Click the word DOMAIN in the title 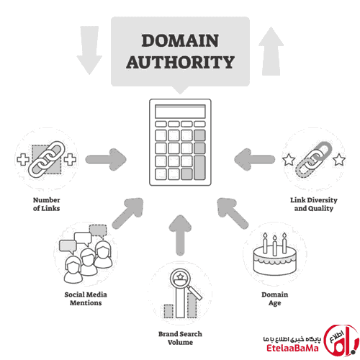tap(180, 40)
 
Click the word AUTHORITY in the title tap(180, 62)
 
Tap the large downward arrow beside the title tap(89, 50)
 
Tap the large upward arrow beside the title tap(271, 51)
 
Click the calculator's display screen tap(180, 112)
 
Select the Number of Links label tap(47, 204)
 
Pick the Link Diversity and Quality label tap(314, 204)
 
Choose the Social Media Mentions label tap(86, 299)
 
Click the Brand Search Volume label tap(180, 338)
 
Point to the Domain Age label tap(275, 299)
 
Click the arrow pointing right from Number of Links tap(106, 159)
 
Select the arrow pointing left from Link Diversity tap(255, 159)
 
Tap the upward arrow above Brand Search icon tap(180, 235)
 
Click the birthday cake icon tap(275, 254)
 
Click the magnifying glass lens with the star tap(180, 279)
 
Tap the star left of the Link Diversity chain tap(289, 160)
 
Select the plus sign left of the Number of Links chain tap(23, 159)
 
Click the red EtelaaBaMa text tap(292, 348)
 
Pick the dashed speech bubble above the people tap(98, 231)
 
